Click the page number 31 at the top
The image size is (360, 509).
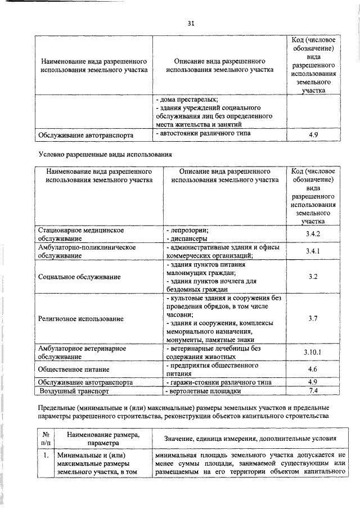click(x=191, y=23)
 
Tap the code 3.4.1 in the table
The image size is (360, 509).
click(x=313, y=251)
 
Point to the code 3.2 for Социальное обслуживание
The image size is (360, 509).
click(x=313, y=277)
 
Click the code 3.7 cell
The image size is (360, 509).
click(x=313, y=318)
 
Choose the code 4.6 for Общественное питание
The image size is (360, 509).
click(x=313, y=370)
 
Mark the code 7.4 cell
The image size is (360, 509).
click(x=313, y=390)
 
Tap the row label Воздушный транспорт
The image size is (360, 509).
click(x=73, y=390)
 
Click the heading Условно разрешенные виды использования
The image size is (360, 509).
click(x=104, y=153)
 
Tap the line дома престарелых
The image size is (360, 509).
click(x=186, y=100)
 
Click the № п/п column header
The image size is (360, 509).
click(x=44, y=438)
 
